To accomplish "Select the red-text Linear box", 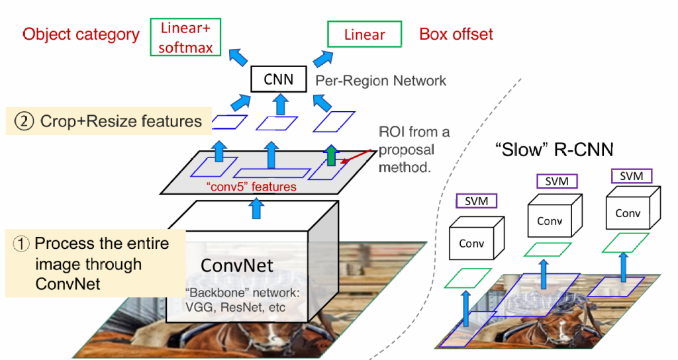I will (x=364, y=34).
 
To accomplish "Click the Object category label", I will (x=81, y=34).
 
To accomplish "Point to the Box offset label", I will (x=456, y=34).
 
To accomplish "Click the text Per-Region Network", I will (x=381, y=81).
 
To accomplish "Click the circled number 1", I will (x=21, y=244).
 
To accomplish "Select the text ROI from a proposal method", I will (x=414, y=150).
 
